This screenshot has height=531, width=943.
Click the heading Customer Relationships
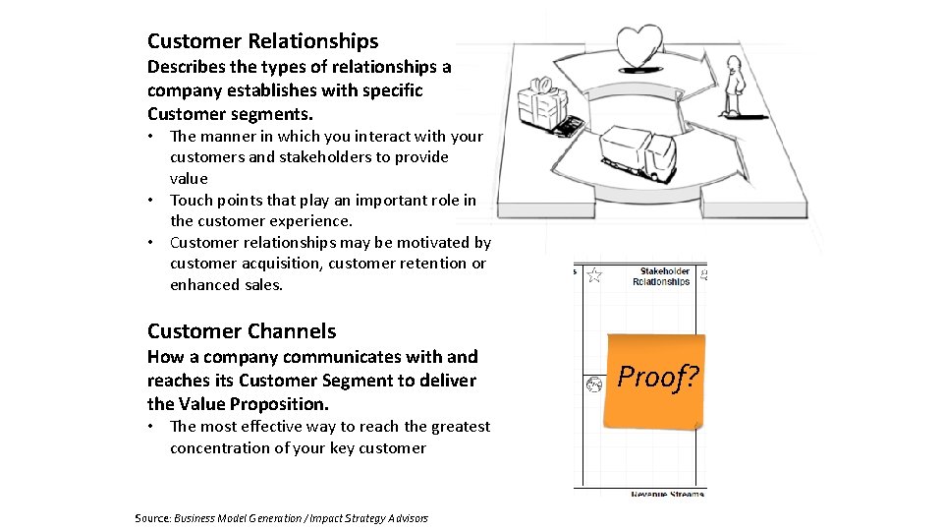click(x=262, y=41)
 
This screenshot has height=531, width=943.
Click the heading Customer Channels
click(x=242, y=331)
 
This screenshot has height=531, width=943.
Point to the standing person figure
click(x=733, y=87)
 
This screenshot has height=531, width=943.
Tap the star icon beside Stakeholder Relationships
click(x=594, y=275)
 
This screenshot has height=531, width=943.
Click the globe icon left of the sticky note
click(x=593, y=384)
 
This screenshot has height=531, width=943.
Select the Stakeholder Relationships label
click(x=664, y=276)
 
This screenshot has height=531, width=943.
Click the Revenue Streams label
click(x=667, y=494)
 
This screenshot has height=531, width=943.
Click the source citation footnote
click(x=281, y=518)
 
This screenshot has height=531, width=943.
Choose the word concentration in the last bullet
click(x=219, y=448)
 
